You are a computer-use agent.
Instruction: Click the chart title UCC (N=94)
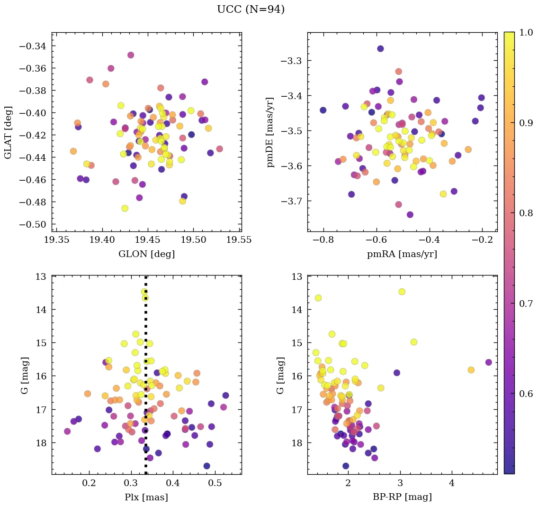click(251, 9)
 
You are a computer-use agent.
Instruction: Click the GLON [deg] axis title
click(146, 254)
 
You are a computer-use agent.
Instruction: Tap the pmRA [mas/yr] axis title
click(402, 254)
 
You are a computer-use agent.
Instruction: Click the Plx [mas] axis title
click(146, 497)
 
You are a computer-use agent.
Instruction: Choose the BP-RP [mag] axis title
click(402, 497)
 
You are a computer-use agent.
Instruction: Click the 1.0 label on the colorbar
click(524, 32)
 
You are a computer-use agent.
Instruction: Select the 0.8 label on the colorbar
click(524, 213)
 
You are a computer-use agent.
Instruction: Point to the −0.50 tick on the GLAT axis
click(35, 224)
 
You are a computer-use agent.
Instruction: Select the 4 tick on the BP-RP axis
click(452, 484)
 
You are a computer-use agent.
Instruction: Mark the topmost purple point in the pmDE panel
click(380, 48)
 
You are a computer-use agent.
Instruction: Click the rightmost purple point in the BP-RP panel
click(489, 362)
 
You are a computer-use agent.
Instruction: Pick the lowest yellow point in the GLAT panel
click(125, 208)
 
